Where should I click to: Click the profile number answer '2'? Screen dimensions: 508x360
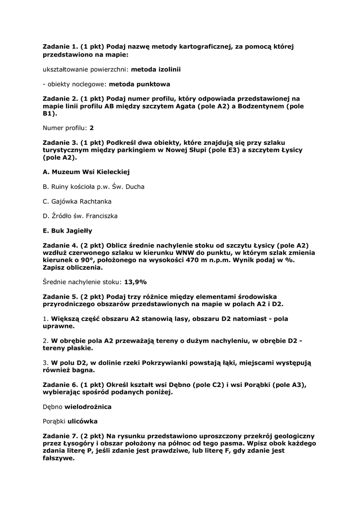click(92, 127)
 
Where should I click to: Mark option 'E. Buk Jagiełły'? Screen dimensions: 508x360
click(68, 231)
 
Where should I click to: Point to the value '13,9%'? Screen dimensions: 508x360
click(135, 282)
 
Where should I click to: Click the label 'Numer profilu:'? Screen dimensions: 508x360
click(65, 127)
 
